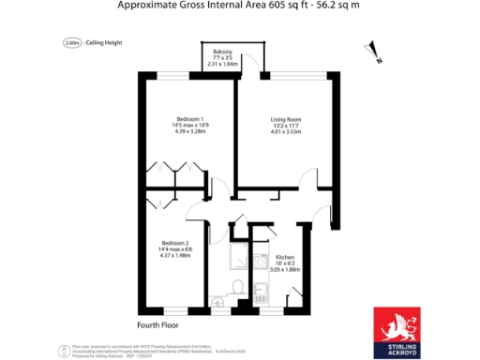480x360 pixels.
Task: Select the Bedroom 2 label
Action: coord(175,242)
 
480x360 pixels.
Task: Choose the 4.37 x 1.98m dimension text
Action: coord(175,255)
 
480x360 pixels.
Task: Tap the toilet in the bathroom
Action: coord(239,287)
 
